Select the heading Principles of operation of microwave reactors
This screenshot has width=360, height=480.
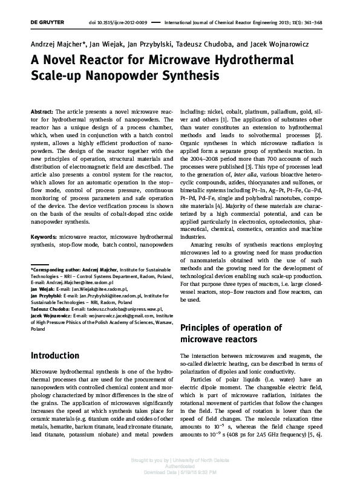(x=231, y=334)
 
